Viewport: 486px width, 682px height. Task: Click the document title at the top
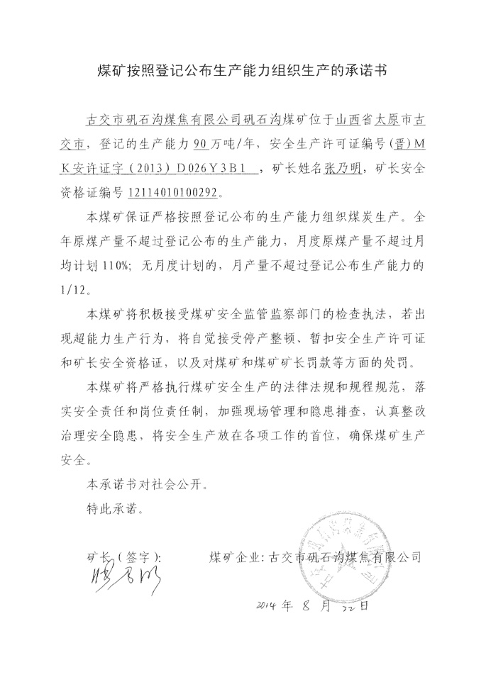[x=243, y=71]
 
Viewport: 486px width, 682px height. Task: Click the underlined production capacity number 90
[x=201, y=143]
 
